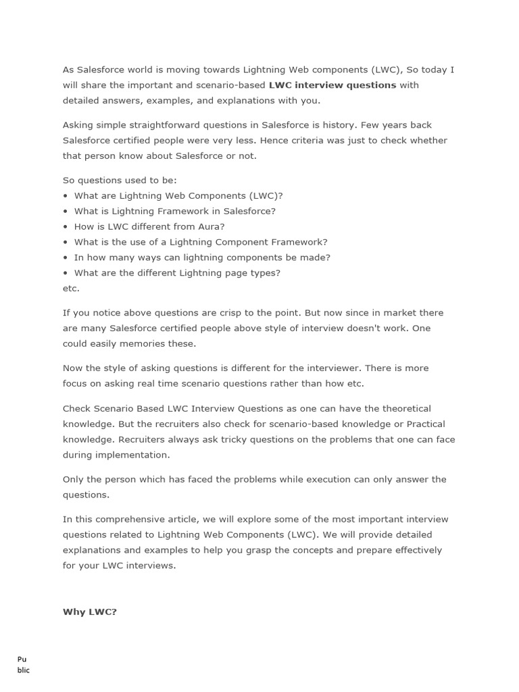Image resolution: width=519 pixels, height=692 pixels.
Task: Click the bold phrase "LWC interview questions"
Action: [332, 85]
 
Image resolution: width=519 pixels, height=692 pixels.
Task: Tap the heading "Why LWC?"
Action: [90, 612]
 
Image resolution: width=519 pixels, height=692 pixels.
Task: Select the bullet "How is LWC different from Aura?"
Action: [149, 226]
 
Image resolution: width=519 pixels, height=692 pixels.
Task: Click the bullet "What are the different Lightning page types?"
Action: [177, 273]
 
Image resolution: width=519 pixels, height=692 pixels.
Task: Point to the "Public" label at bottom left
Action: [23, 665]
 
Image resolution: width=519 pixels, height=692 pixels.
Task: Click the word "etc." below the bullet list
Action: [71, 289]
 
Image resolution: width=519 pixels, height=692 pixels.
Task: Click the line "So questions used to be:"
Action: [120, 180]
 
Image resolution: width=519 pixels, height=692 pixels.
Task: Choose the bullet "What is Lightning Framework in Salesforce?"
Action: [175, 211]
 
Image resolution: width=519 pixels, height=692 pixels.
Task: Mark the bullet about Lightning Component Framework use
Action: [201, 242]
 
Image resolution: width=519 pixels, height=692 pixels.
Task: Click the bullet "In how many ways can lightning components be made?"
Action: [202, 257]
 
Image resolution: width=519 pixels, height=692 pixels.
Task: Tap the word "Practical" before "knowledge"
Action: [426, 424]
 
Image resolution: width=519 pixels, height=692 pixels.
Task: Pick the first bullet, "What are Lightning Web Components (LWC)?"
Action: [178, 196]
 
